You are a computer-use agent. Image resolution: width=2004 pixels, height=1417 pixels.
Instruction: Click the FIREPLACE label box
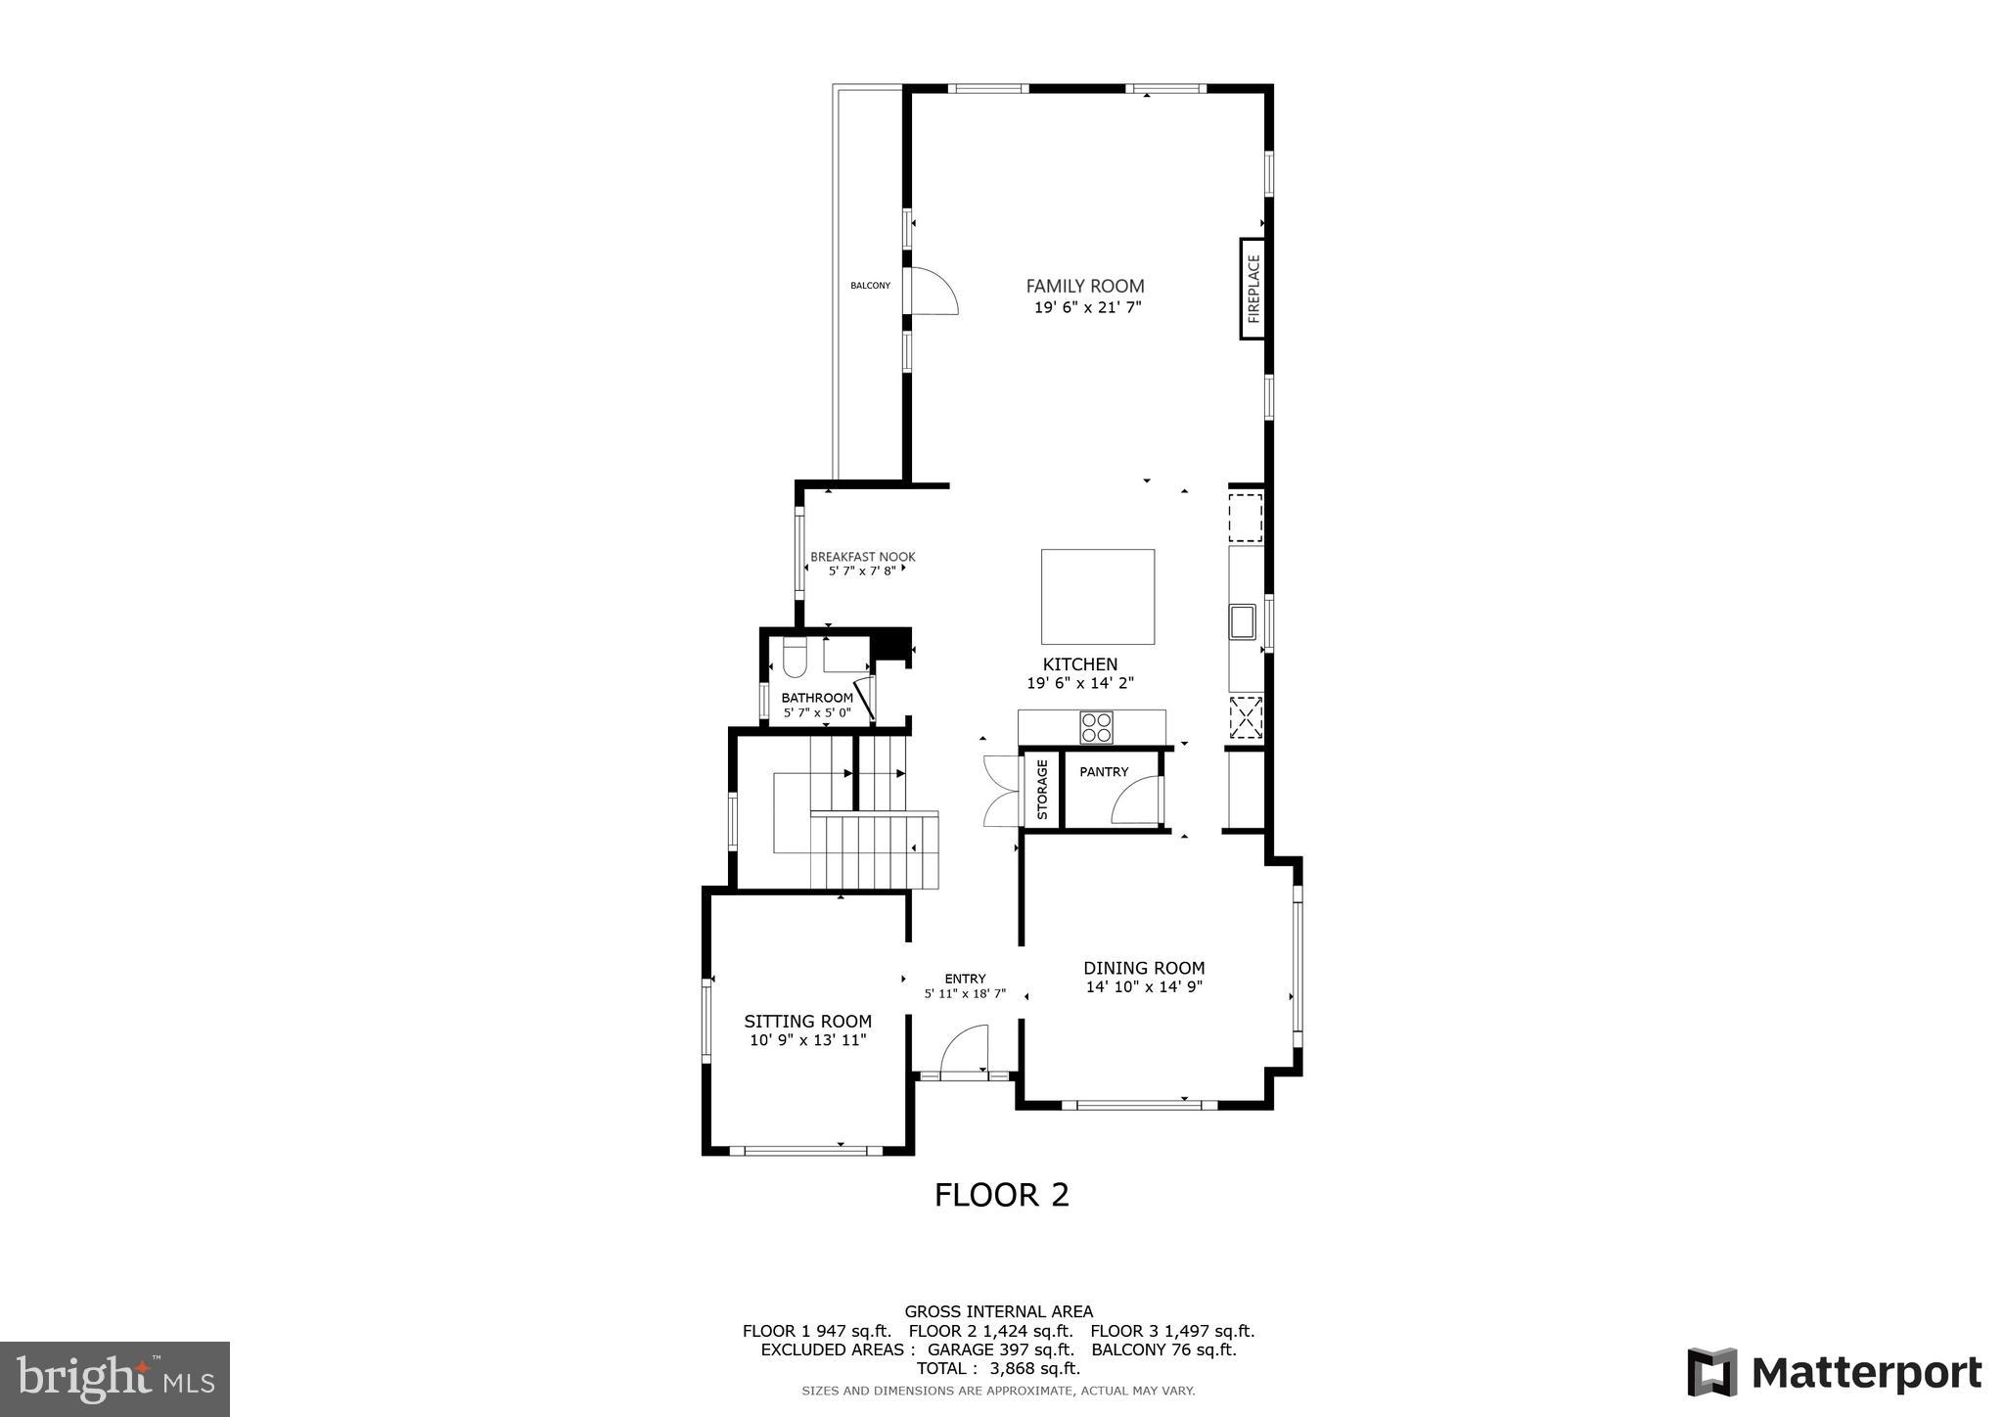tap(1252, 289)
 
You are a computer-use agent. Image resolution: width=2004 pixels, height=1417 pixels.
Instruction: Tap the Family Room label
tap(1084, 286)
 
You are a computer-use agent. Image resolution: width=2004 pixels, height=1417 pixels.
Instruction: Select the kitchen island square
tap(1097, 595)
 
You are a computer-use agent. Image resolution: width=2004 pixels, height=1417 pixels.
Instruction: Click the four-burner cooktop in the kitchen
tap(1096, 727)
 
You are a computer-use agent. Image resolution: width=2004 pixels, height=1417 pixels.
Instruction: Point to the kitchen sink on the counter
tap(1242, 621)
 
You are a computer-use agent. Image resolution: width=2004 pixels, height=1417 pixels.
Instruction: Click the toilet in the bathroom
tap(794, 659)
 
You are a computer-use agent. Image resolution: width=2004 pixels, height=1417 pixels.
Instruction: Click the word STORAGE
tap(1042, 790)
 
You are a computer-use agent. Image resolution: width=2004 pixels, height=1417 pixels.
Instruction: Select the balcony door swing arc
tap(934, 291)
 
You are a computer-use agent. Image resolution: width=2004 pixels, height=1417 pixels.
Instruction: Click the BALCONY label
tap(870, 286)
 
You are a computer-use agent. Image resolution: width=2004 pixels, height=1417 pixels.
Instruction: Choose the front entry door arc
tap(964, 1050)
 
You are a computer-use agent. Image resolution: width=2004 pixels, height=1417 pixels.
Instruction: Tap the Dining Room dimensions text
tap(1143, 987)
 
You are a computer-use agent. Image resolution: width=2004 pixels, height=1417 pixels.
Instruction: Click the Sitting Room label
tap(807, 1022)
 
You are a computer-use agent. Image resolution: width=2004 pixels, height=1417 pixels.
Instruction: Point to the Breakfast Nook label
tap(862, 557)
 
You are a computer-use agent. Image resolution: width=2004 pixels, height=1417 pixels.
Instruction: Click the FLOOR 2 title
tap(1001, 1195)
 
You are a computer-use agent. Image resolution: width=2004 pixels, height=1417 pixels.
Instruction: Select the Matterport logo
tap(1834, 1372)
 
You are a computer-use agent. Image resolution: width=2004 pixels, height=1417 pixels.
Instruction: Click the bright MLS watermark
tap(115, 1379)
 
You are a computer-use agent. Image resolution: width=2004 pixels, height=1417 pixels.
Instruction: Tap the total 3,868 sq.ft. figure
tap(998, 1368)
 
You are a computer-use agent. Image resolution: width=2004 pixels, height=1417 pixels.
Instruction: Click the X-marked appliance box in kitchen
tap(1245, 716)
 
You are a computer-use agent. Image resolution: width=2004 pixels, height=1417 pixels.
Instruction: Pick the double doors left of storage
tap(1000, 792)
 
